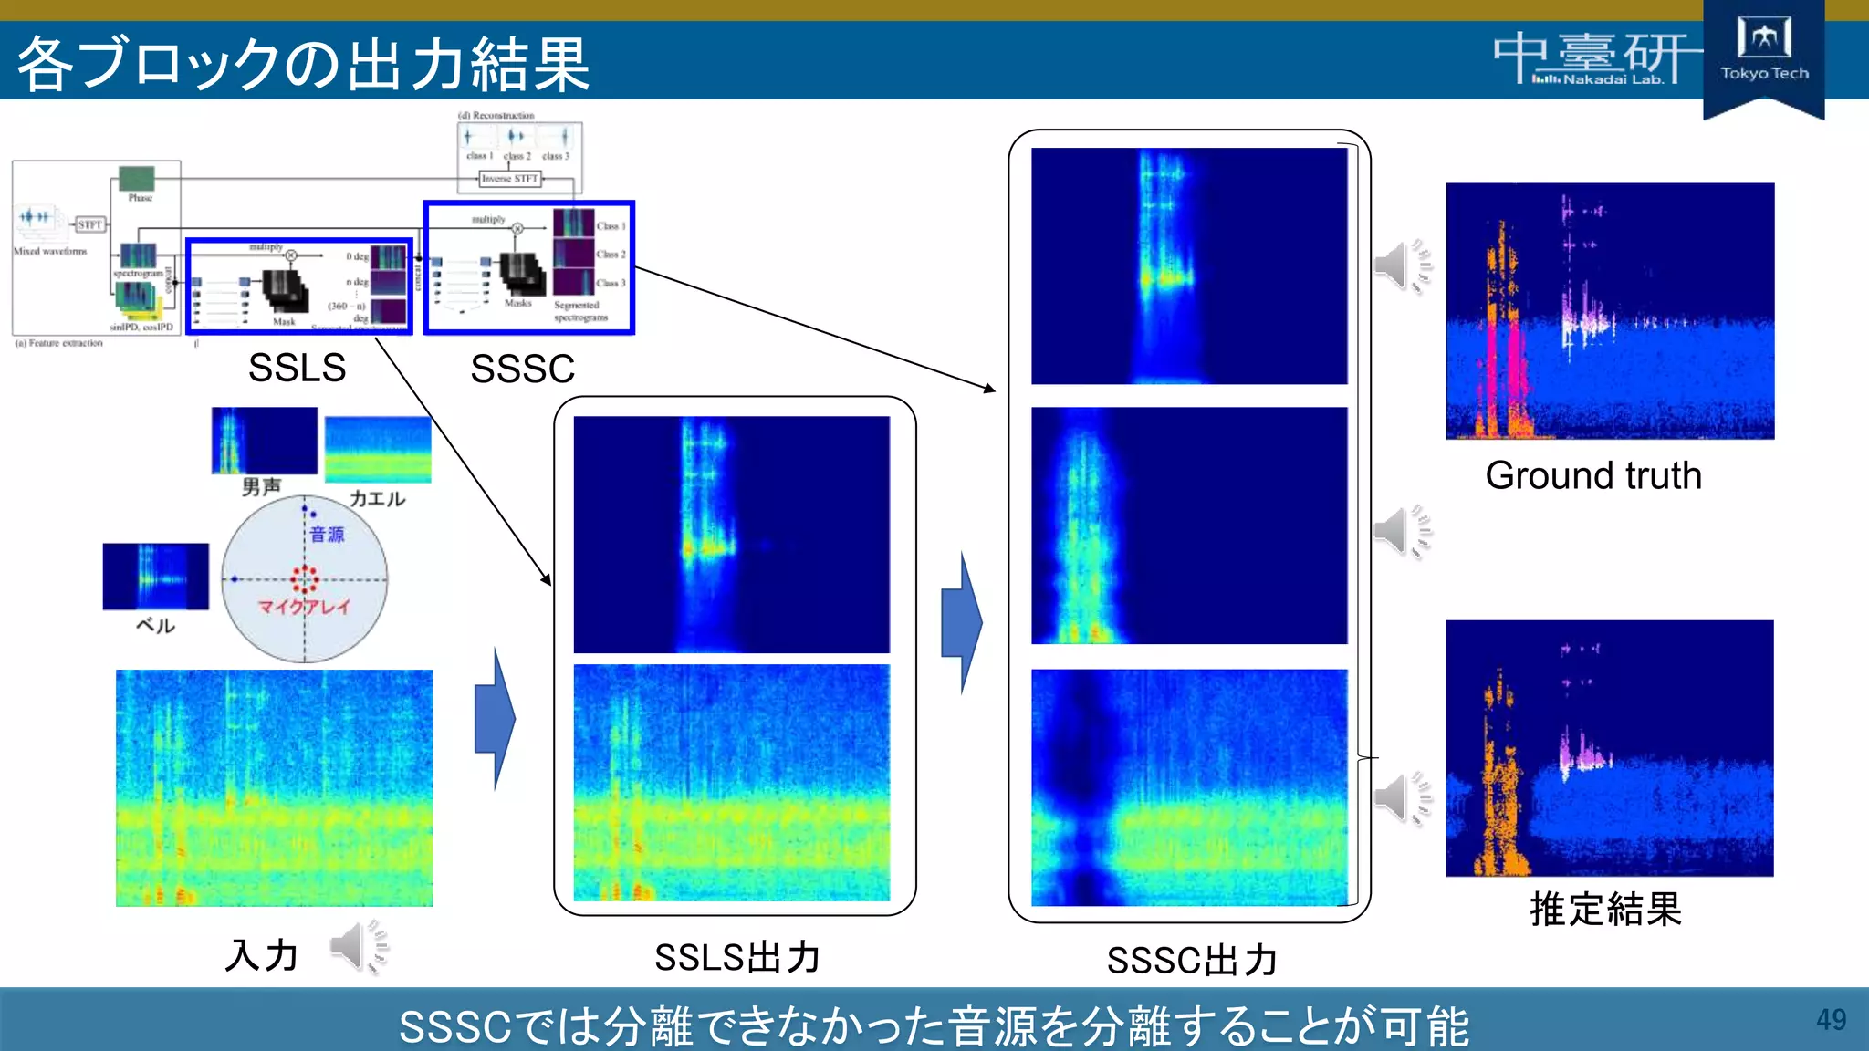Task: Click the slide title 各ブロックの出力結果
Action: (303, 64)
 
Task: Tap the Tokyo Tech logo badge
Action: (1763, 55)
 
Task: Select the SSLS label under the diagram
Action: (297, 368)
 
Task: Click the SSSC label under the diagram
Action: (522, 369)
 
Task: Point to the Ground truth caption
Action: (1593, 475)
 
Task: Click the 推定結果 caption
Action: (1605, 909)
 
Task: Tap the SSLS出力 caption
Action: (737, 957)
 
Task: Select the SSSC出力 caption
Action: (1192, 960)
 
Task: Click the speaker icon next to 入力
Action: (359, 948)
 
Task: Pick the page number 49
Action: (1831, 1019)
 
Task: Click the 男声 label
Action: (261, 487)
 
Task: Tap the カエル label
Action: (377, 499)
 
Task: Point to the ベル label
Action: (155, 625)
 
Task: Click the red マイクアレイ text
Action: (303, 607)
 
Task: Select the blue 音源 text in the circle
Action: (327, 534)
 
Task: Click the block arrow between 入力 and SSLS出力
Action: (495, 719)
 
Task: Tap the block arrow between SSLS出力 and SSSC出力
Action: (962, 622)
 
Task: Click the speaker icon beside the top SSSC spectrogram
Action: (1404, 266)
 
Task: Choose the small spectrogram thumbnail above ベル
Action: (155, 577)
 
